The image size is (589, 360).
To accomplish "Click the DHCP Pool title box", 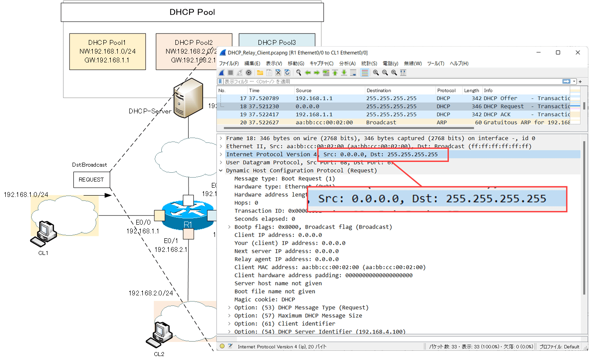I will pyautogui.click(x=192, y=12).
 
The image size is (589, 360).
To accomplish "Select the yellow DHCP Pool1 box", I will pyautogui.click(x=107, y=51).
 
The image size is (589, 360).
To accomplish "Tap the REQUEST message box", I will pyautogui.click(x=91, y=179).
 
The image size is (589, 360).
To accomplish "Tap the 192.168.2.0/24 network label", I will pyautogui.click(x=150, y=293).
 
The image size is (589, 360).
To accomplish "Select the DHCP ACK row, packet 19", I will pyautogui.click(x=396, y=114).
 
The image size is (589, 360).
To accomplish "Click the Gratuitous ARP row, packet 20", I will pyautogui.click(x=396, y=122).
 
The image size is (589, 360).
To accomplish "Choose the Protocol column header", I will pyautogui.click(x=446, y=91).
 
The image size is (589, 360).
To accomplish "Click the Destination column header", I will pyautogui.click(x=378, y=91).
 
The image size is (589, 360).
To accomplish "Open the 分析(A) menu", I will pyautogui.click(x=347, y=63).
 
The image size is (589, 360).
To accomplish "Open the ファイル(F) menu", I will pyautogui.click(x=229, y=63).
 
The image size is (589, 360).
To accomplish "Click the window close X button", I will pyautogui.click(x=578, y=52).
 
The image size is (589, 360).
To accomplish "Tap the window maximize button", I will pyautogui.click(x=558, y=52).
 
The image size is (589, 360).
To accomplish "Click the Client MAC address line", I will pyautogui.click(x=330, y=267).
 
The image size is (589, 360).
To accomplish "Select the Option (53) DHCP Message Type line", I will pyautogui.click(x=301, y=308).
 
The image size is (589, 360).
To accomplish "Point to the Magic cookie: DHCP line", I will pyautogui.click(x=265, y=299).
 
